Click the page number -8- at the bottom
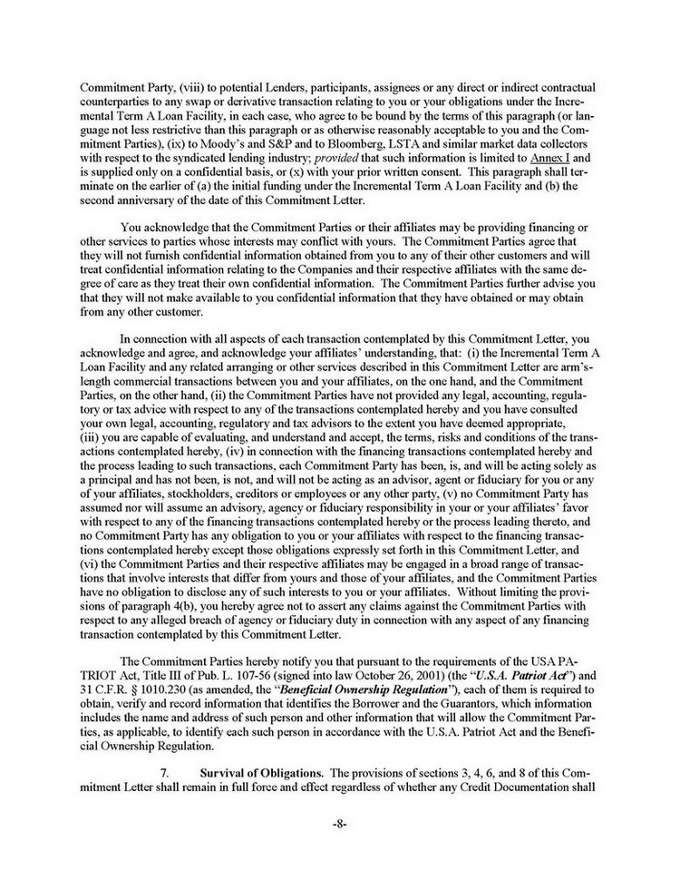339,826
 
